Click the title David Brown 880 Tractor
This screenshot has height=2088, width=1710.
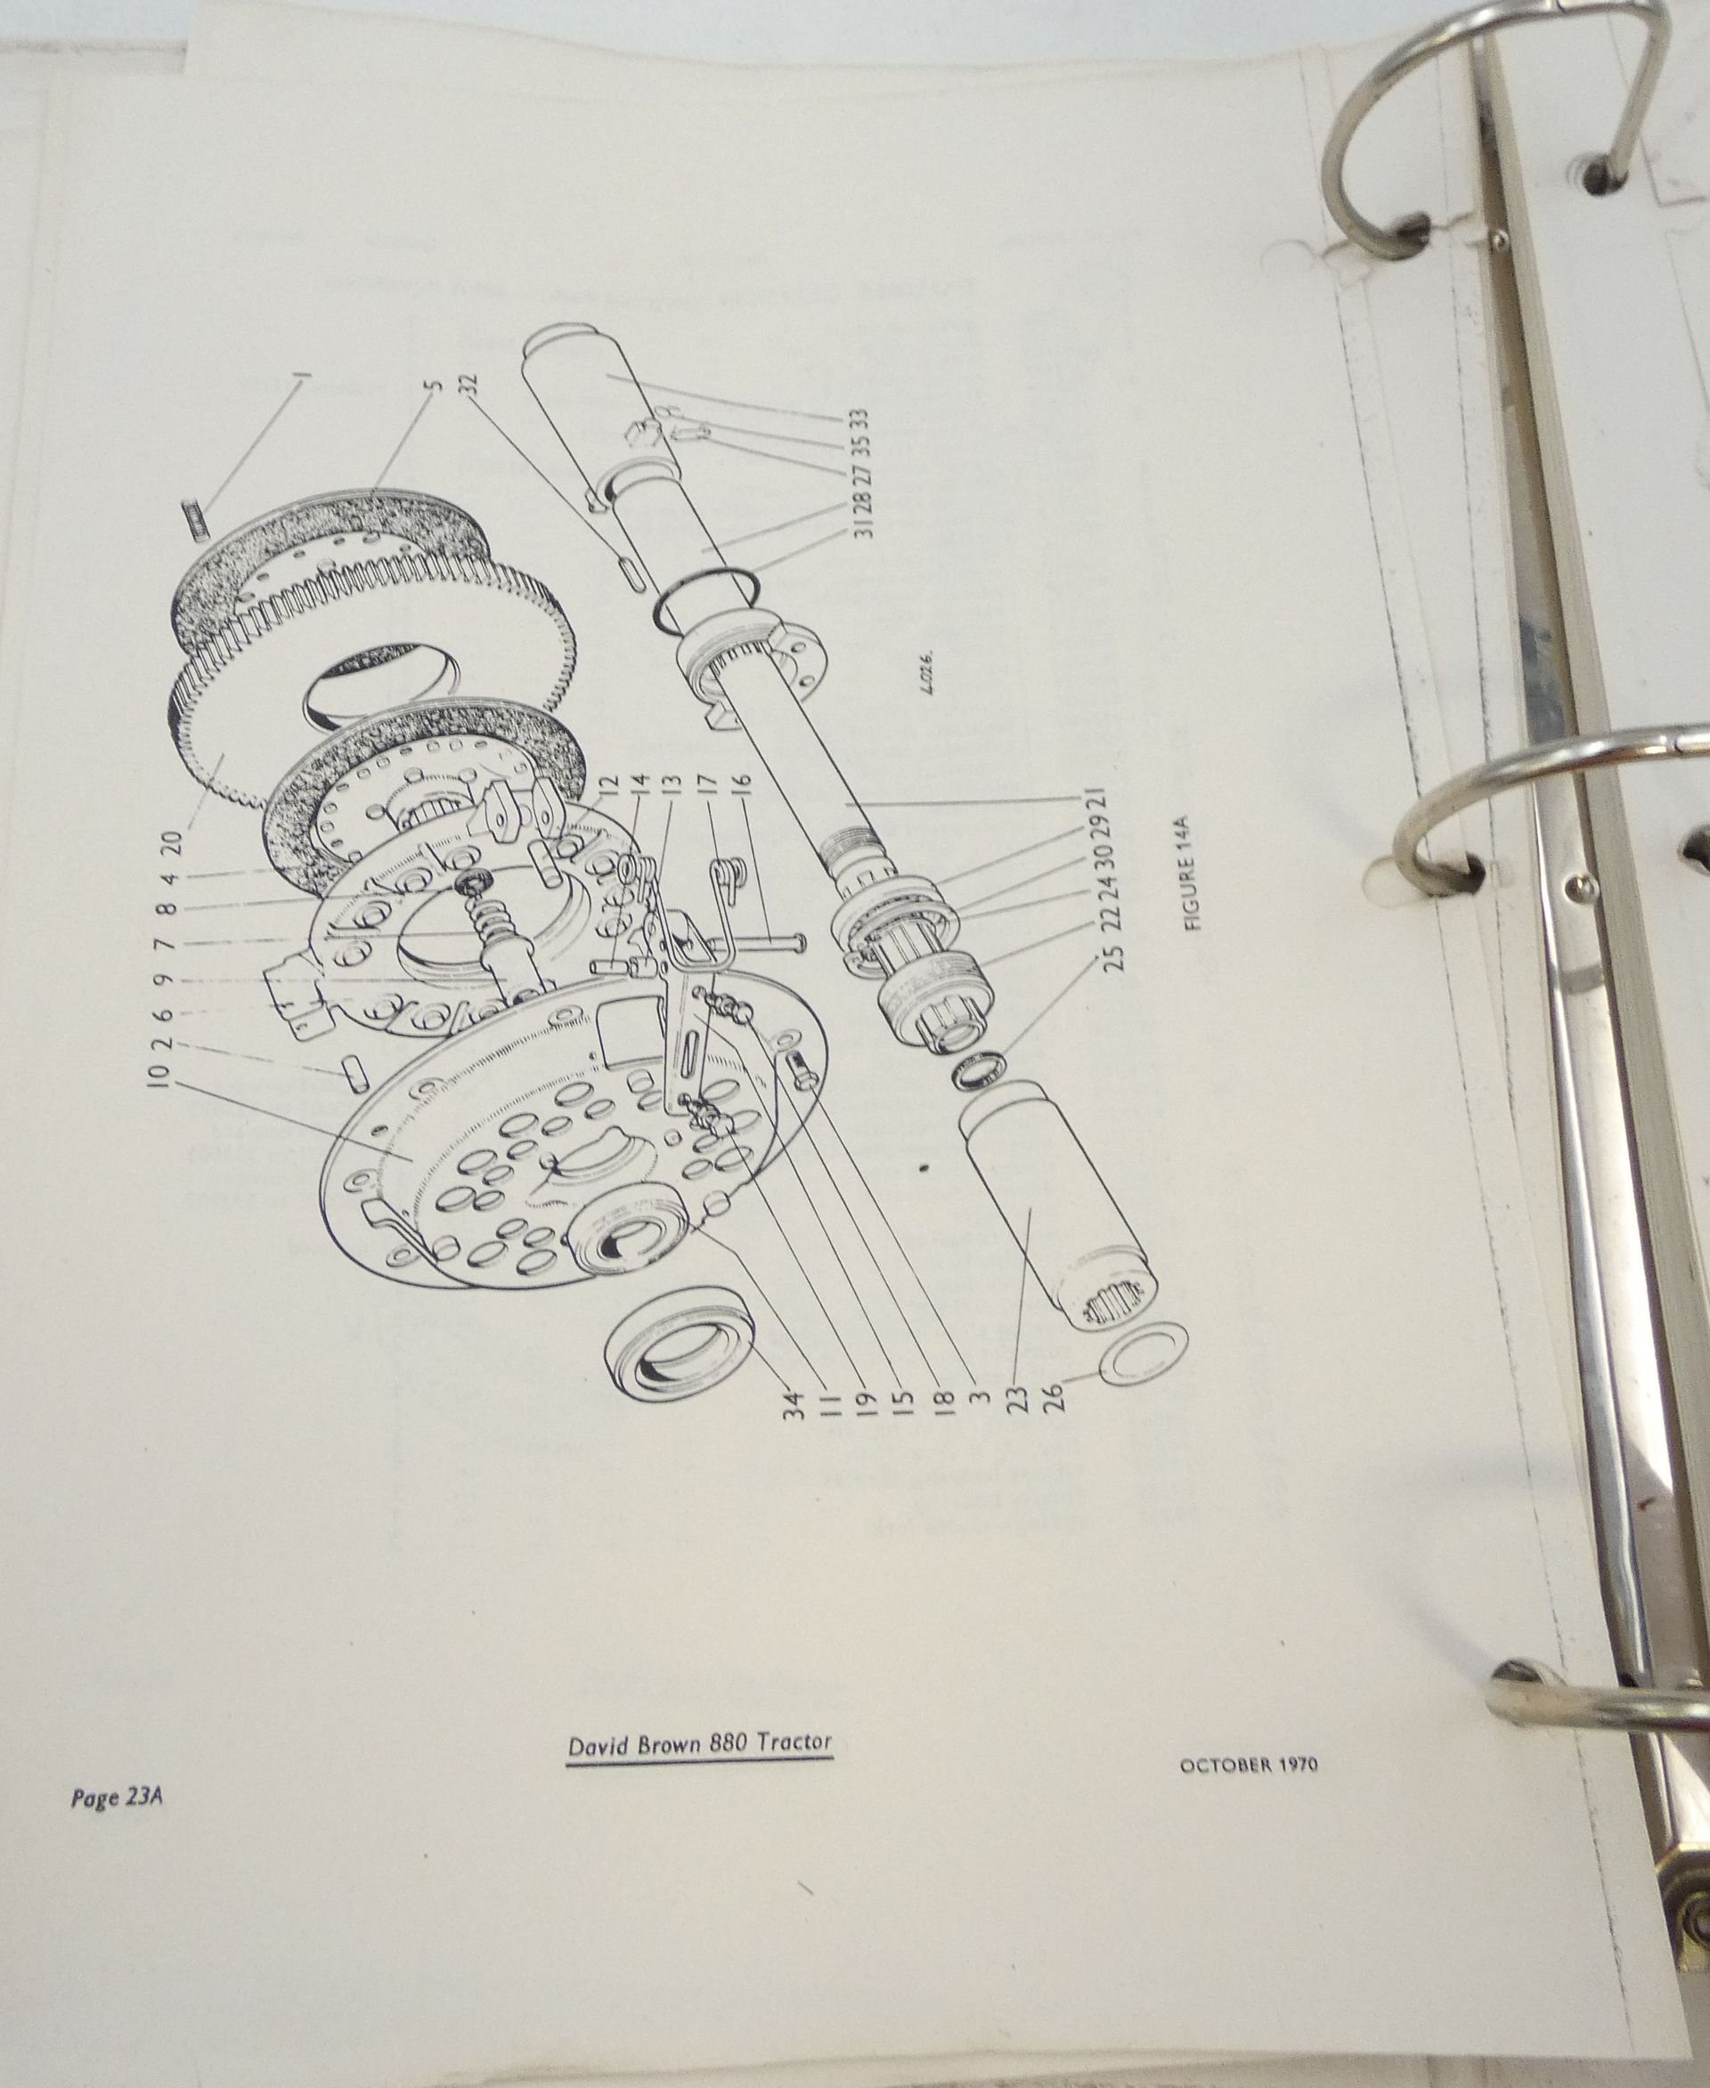tap(699, 1743)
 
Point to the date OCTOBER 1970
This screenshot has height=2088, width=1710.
tap(1248, 1765)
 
